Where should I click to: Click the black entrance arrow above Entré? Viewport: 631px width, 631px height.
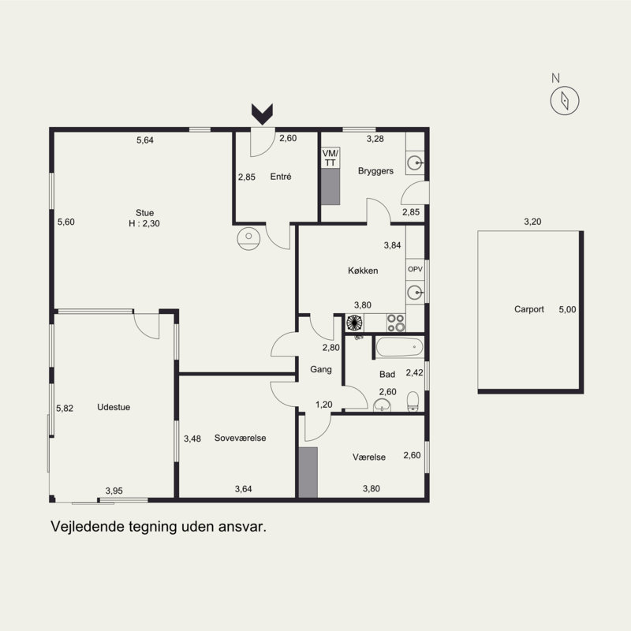point(263,114)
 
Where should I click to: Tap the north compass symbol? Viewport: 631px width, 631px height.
point(565,100)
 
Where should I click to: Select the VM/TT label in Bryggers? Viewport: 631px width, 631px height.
point(330,158)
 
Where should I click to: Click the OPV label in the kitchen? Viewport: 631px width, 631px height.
point(415,269)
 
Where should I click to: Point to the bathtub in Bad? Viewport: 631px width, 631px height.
point(400,347)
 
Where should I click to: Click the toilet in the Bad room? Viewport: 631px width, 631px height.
point(413,401)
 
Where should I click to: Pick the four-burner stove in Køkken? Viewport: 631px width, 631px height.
point(396,323)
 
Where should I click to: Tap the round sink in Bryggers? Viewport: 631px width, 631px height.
point(415,163)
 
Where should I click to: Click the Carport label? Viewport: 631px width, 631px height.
point(528,309)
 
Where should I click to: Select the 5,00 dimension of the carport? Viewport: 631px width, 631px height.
point(567,309)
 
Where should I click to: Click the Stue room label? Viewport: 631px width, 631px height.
point(144,213)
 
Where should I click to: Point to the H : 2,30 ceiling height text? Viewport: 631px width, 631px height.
point(144,223)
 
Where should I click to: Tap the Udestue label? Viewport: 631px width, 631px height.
point(114,407)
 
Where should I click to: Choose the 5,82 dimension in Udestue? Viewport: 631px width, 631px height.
point(65,408)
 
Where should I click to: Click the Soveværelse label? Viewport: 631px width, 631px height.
point(240,438)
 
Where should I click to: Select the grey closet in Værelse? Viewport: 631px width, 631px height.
point(308,472)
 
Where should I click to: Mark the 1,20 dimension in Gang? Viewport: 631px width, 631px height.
point(324,405)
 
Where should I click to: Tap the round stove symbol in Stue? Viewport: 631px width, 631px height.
point(248,239)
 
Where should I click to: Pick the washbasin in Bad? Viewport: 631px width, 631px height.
point(382,405)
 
